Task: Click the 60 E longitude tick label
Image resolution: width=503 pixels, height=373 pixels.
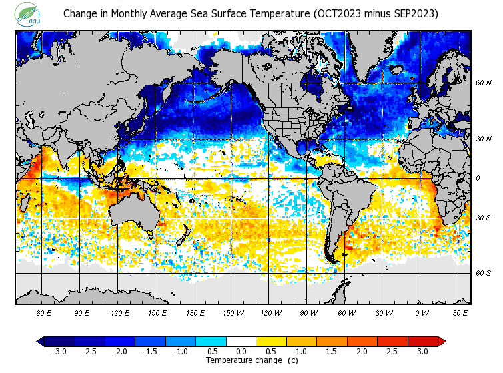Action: coord(44,312)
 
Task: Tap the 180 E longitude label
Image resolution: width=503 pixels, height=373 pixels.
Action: coord(195,312)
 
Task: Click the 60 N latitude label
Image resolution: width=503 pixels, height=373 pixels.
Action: coord(483,83)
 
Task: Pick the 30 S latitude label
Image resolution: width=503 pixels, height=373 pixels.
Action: coord(483,218)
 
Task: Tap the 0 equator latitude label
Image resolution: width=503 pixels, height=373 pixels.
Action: coord(477,179)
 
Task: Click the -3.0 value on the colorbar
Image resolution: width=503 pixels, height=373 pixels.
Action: coord(59,351)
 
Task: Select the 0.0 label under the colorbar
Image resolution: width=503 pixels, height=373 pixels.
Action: coord(241,351)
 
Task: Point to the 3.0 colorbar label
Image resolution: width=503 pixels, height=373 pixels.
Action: coord(423,351)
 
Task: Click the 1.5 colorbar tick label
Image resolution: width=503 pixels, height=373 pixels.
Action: coord(332,351)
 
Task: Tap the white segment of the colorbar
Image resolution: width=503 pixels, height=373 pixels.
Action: coord(241,342)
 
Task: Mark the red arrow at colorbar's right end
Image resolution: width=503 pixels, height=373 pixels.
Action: coord(442,342)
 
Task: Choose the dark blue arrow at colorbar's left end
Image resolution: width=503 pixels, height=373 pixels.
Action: coord(40,342)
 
